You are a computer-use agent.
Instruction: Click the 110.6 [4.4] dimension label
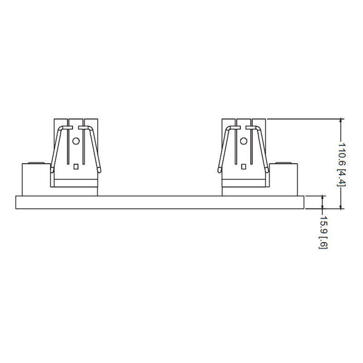point(342,164)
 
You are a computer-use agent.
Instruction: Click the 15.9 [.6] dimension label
point(323,232)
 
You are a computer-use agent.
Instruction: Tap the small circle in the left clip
point(76,141)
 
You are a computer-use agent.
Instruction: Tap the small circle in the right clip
point(244,141)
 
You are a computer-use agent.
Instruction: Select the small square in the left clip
point(76,167)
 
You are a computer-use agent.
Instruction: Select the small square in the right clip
point(243,167)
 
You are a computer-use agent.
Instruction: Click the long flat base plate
point(160,202)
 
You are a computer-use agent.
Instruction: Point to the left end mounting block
point(36,180)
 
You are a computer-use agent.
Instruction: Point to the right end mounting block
point(283,180)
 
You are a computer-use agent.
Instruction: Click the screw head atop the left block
point(36,163)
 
